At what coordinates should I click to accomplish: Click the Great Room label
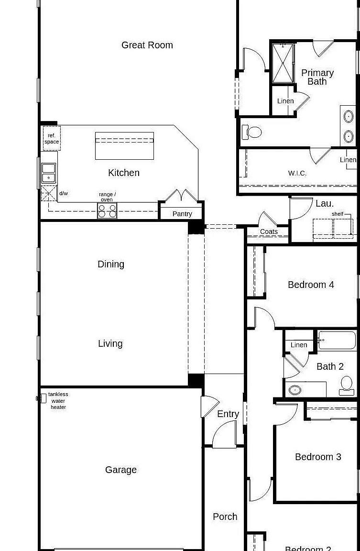147,45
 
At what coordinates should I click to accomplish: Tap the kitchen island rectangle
124,146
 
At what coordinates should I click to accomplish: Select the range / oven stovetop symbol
107,211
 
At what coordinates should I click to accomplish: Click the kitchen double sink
49,173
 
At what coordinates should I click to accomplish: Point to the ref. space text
52,139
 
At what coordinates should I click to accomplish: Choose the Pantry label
182,214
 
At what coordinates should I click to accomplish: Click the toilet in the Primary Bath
252,132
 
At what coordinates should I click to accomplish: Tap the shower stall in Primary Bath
283,63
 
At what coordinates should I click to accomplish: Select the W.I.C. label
297,173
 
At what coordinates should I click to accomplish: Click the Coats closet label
269,231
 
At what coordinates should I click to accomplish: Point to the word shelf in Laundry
338,214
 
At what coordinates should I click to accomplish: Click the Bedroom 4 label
311,285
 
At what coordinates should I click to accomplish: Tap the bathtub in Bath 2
338,340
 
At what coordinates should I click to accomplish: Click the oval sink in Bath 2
295,390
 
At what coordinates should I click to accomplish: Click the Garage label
121,470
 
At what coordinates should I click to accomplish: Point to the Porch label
225,517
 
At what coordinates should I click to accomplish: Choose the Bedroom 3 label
318,457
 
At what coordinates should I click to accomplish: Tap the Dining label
111,264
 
